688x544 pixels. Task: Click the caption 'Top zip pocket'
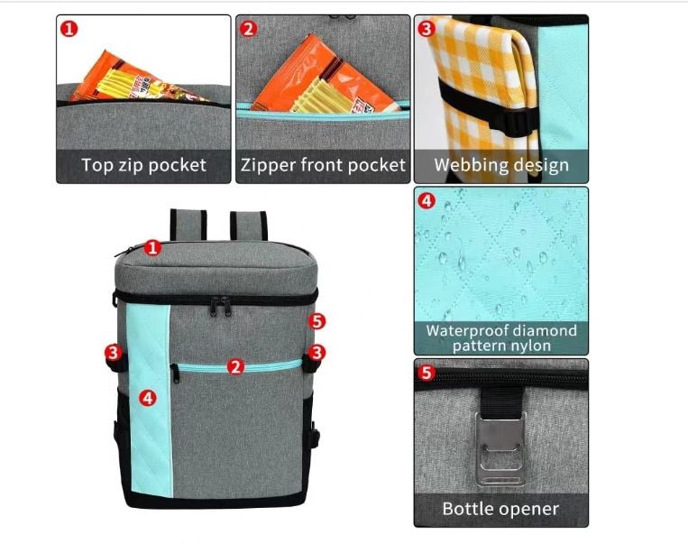tap(143, 165)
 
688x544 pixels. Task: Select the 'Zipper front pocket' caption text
tap(323, 165)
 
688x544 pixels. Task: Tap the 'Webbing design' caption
tap(501, 165)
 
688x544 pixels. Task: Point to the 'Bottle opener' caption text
tap(500, 509)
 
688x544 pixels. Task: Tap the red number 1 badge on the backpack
tap(152, 248)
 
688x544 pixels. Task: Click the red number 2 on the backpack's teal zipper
tap(235, 366)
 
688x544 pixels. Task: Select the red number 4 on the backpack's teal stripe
tap(148, 398)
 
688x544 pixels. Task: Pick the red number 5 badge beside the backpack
tap(316, 321)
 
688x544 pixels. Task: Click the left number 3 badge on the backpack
tap(114, 352)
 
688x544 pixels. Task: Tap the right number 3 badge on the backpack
tap(316, 352)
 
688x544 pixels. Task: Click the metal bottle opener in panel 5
tap(501, 448)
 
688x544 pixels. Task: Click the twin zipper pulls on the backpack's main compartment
tap(221, 306)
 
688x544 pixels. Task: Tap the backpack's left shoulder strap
tap(188, 225)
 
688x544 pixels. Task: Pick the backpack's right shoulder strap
tap(248, 226)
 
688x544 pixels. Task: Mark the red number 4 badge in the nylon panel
tap(426, 201)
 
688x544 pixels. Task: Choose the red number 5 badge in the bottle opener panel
tap(426, 373)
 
